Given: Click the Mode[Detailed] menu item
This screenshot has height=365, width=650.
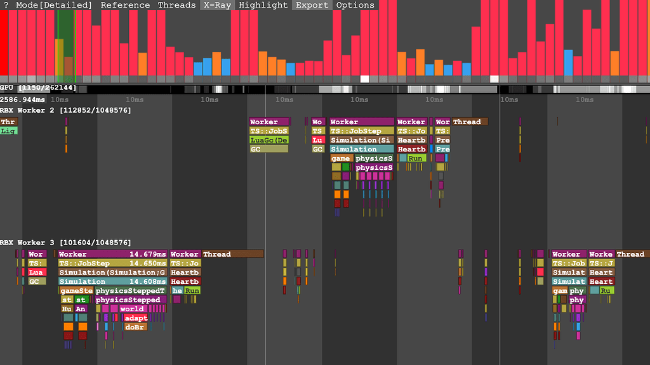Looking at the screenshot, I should pyautogui.click(x=54, y=5).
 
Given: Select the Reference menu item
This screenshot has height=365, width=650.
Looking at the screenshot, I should pyautogui.click(x=126, y=5).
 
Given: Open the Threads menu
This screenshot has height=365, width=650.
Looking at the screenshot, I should pyautogui.click(x=176, y=5).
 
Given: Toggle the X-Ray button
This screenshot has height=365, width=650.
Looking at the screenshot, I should pyautogui.click(x=217, y=5).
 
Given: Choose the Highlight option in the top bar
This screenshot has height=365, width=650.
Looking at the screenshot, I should pyautogui.click(x=263, y=5).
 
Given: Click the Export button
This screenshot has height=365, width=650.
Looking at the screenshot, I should pyautogui.click(x=312, y=5).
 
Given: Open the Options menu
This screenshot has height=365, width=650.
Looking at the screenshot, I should pyautogui.click(x=355, y=5).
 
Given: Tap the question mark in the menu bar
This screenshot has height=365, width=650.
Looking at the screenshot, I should pyautogui.click(x=6, y=5).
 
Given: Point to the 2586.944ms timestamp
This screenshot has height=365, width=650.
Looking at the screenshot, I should pyautogui.click(x=23, y=100).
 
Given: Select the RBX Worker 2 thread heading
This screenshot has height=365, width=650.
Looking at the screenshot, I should pyautogui.click(x=66, y=110).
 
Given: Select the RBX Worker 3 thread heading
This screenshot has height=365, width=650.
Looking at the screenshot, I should pyautogui.click(x=66, y=243).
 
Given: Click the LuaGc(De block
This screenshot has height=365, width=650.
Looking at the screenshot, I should pyautogui.click(x=269, y=140).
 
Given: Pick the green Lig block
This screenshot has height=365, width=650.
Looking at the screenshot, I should pyautogui.click(x=9, y=131).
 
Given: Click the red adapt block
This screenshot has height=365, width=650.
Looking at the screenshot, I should pyautogui.click(x=136, y=318).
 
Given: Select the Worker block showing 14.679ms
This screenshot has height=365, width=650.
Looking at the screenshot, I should pyautogui.click(x=112, y=254).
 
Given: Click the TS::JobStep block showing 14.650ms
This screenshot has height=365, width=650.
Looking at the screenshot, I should pyautogui.click(x=112, y=264).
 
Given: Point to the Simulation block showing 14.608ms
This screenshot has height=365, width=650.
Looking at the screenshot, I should pyautogui.click(x=112, y=282).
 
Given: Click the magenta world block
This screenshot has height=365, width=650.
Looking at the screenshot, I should pyautogui.click(x=132, y=309).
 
